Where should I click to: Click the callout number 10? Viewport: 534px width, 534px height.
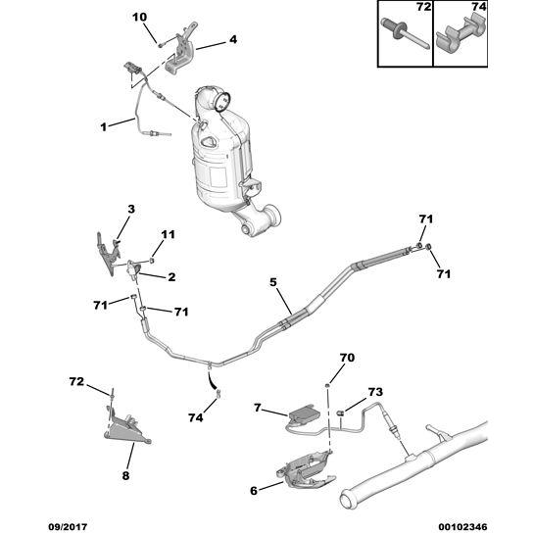click(139, 17)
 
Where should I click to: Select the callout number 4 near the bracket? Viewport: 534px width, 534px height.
click(233, 39)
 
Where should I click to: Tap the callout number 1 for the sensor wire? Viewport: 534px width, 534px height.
click(104, 127)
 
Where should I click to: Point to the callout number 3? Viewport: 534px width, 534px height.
click(131, 209)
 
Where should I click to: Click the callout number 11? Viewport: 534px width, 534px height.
click(168, 234)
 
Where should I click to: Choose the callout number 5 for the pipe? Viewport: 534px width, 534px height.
click(273, 282)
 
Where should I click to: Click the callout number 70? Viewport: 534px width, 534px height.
click(347, 358)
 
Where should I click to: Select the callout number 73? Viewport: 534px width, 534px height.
click(375, 392)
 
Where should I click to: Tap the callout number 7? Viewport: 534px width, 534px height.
click(257, 408)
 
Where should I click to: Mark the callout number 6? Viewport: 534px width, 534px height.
click(254, 491)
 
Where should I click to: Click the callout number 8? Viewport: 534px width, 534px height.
click(125, 475)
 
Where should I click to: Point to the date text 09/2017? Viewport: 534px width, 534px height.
click(68, 527)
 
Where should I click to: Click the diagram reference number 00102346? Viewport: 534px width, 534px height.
click(464, 527)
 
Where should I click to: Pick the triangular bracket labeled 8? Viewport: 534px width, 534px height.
click(126, 429)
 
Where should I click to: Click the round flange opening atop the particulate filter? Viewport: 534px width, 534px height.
click(222, 101)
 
